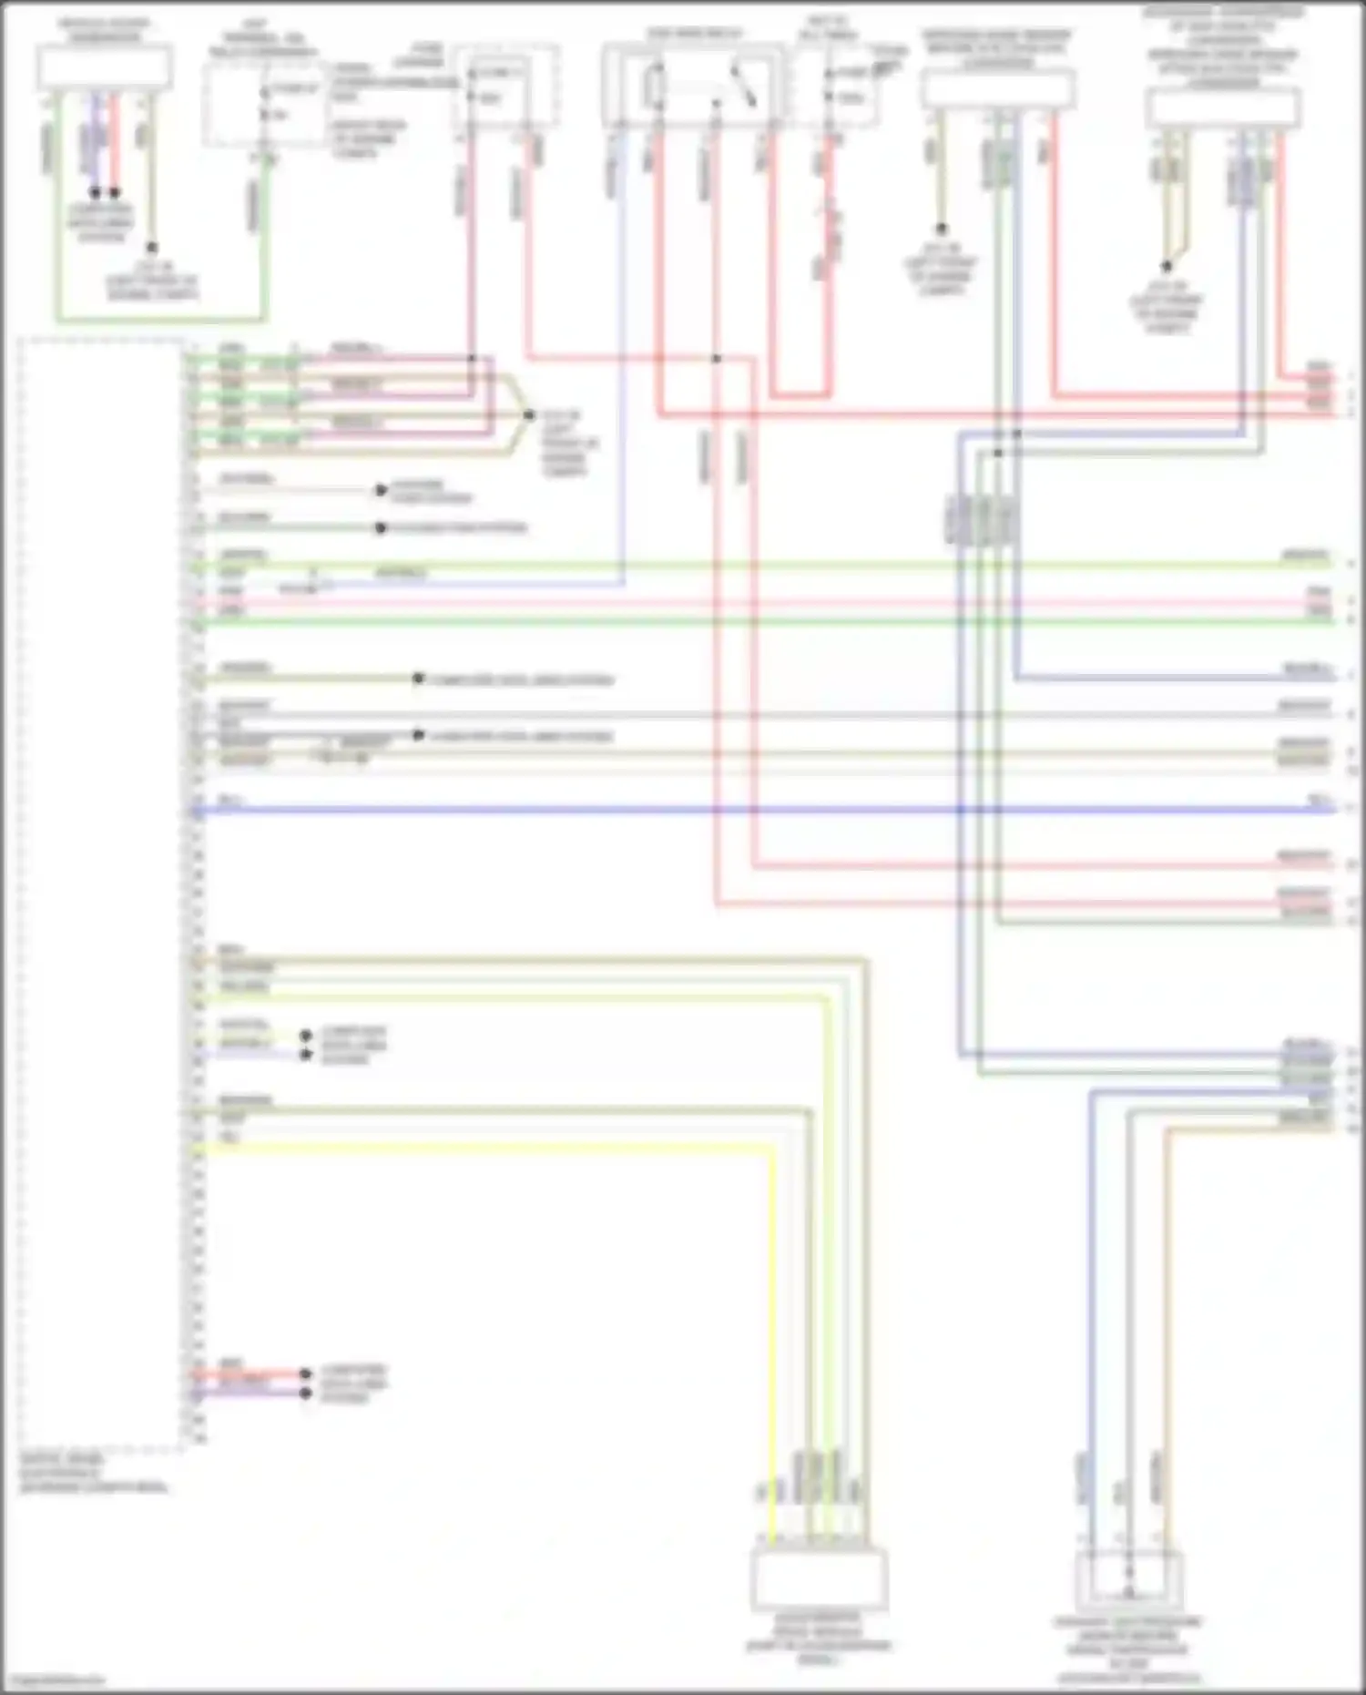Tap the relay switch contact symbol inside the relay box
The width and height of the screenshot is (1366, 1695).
[x=744, y=87]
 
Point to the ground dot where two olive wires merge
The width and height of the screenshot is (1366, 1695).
[x=1166, y=267]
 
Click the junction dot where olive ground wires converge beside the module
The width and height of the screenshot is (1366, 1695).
[x=529, y=415]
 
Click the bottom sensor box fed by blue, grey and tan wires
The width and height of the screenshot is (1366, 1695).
[x=1128, y=1580]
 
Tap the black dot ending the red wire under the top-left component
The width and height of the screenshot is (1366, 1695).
[x=115, y=193]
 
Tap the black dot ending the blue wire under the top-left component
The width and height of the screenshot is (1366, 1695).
[x=95, y=193]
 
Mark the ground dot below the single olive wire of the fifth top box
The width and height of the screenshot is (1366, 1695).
[x=941, y=229]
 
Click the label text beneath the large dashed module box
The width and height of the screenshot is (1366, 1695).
[x=91, y=1473]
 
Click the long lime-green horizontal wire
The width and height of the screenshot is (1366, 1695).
[x=729, y=566]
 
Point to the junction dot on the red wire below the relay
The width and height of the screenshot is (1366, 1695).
[x=716, y=359]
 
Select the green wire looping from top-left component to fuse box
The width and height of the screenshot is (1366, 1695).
[x=164, y=320]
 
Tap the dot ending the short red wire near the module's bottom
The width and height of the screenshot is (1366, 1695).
[x=306, y=1373]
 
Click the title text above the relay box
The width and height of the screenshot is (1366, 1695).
[x=692, y=34]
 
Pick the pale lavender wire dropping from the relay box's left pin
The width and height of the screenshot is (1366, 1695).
[x=622, y=364]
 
